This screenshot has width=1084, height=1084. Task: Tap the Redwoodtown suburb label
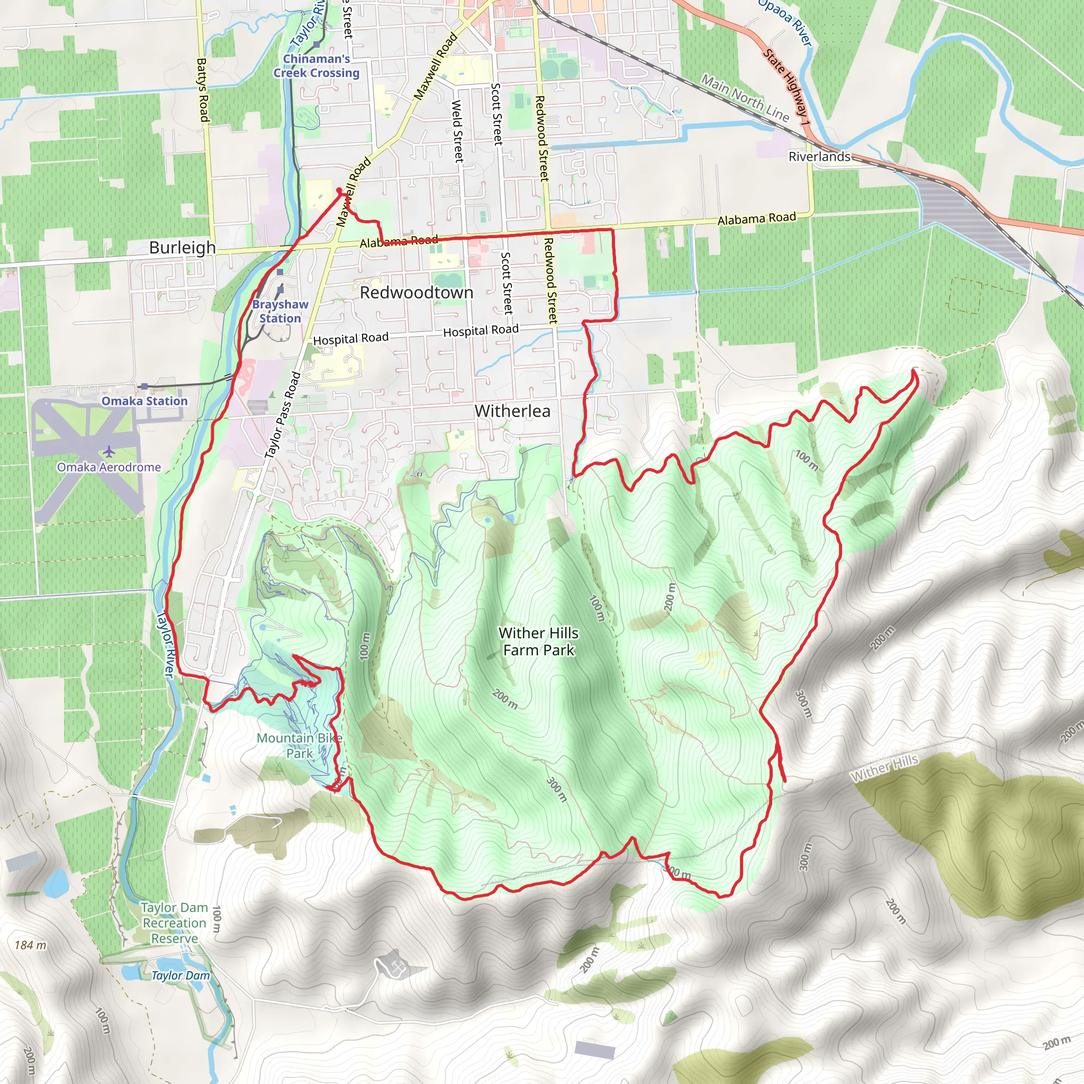tap(417, 292)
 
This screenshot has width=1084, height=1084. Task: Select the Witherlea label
tap(512, 411)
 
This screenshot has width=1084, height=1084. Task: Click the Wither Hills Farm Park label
tap(539, 642)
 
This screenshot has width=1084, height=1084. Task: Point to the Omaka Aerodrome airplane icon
tap(109, 451)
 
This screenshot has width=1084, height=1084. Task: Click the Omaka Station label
tap(144, 401)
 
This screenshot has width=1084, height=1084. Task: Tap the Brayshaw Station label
tap(280, 311)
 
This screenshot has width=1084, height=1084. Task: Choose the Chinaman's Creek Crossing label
tap(317, 66)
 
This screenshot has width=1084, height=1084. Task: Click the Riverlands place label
tap(819, 157)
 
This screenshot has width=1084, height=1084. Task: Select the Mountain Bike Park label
tap(299, 746)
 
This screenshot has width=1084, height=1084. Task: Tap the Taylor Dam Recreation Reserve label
tap(174, 923)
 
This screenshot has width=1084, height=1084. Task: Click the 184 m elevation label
tap(30, 945)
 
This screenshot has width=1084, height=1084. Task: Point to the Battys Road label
tap(203, 90)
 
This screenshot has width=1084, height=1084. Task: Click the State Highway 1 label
tap(786, 87)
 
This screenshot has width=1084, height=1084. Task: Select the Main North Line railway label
tap(745, 98)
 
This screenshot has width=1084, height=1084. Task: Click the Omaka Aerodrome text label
tap(109, 467)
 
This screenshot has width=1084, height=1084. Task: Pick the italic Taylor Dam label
tap(180, 975)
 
